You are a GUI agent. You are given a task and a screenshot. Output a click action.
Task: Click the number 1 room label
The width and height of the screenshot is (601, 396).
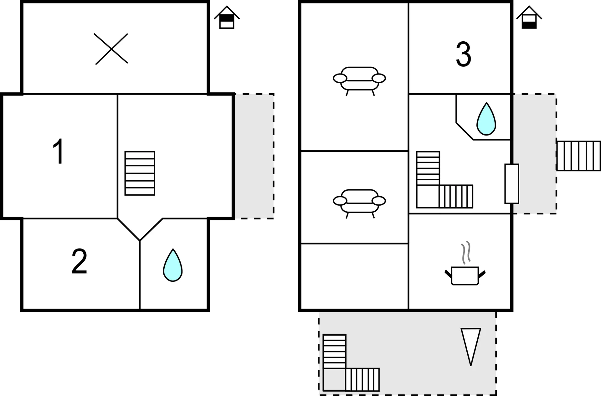click(x=59, y=152)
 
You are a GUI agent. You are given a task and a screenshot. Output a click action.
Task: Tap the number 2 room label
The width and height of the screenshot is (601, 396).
click(x=79, y=262)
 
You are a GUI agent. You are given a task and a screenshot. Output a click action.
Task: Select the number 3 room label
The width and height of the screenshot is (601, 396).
click(x=463, y=55)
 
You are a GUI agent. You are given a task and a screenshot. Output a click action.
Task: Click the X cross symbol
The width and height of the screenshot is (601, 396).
click(x=111, y=49)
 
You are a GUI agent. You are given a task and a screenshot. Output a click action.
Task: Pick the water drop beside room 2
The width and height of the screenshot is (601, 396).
click(x=172, y=265)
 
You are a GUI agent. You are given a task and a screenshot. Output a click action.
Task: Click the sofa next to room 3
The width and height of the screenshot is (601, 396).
click(x=359, y=80)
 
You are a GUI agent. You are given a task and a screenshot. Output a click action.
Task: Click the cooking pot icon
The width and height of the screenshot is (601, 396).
click(x=465, y=275)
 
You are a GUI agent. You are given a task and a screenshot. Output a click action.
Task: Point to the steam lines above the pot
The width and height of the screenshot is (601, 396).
click(x=466, y=252)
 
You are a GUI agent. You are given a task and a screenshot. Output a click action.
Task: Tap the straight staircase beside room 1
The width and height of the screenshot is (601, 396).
click(x=140, y=173)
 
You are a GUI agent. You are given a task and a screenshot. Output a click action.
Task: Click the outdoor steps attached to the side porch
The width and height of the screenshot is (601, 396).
click(x=578, y=156)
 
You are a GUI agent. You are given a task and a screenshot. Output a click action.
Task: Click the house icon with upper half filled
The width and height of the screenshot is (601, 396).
click(x=227, y=18)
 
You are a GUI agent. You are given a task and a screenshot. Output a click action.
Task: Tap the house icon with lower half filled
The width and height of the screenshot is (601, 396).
click(x=529, y=18)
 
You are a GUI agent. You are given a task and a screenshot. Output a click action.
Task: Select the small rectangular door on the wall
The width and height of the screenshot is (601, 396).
click(x=511, y=183)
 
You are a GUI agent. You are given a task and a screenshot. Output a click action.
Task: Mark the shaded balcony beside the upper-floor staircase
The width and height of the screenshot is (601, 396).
click(x=254, y=156)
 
